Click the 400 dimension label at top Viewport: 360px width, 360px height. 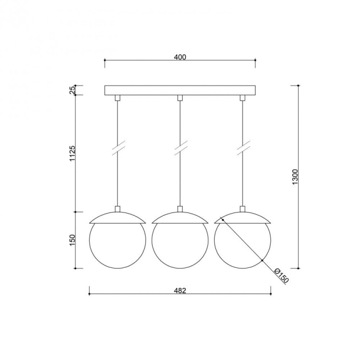point(180,57)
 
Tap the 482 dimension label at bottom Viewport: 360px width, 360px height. point(180,291)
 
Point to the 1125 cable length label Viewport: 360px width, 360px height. point(72,154)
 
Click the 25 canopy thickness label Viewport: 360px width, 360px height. point(72,90)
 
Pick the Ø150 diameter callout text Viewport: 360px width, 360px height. point(281,276)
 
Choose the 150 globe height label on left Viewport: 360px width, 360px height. point(72,240)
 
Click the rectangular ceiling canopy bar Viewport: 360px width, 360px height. point(180,90)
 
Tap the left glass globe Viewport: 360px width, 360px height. point(117,245)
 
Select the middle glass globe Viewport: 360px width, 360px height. point(180,245)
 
